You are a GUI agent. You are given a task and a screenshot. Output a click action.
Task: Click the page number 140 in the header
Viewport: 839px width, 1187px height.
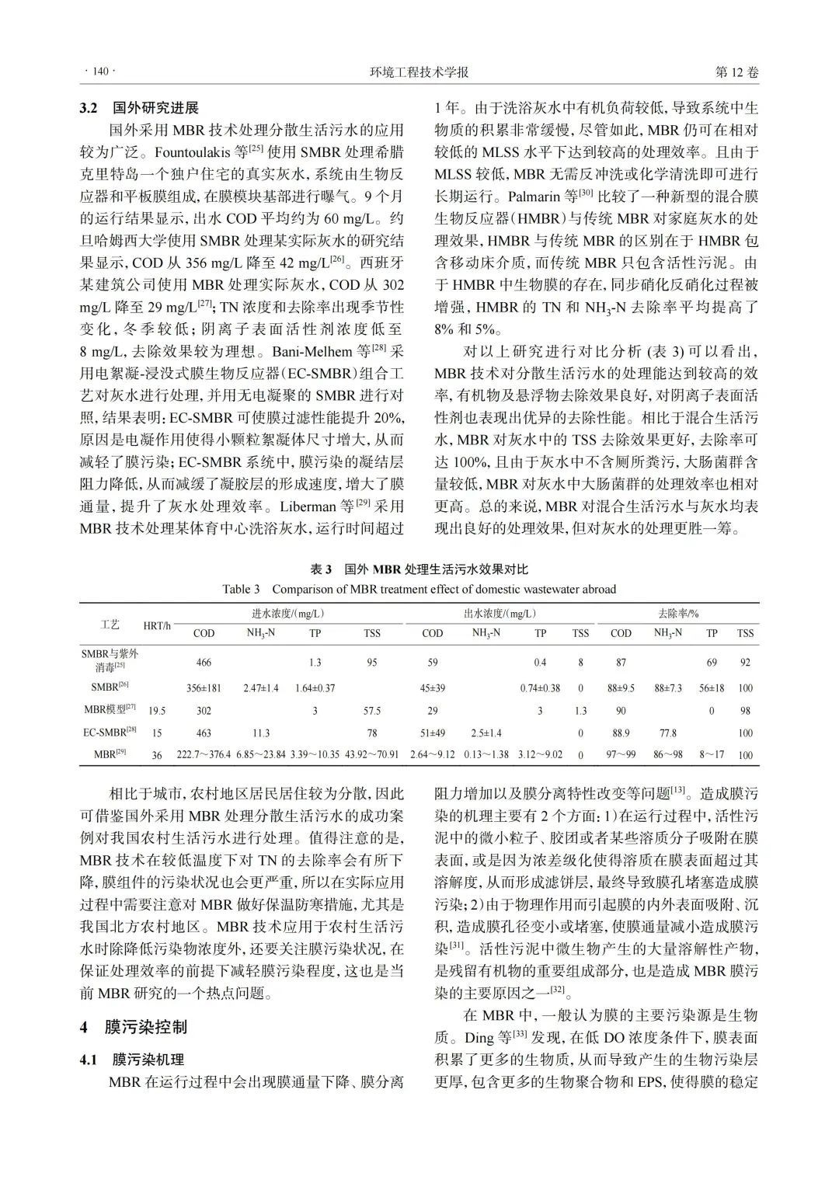point(99,72)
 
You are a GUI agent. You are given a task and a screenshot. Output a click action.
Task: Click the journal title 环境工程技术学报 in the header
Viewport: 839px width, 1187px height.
point(419,72)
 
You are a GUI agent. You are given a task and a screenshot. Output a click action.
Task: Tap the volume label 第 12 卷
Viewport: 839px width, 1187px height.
point(736,72)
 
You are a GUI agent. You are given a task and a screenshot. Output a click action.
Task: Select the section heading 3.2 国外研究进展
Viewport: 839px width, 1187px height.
point(140,107)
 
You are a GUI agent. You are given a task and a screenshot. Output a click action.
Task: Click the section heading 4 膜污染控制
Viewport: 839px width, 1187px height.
point(134,1027)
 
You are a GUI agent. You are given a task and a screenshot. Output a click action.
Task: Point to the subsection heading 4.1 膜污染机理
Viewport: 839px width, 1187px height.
point(132,1060)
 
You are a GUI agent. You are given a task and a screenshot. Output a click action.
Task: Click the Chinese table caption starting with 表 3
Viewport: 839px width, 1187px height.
point(419,569)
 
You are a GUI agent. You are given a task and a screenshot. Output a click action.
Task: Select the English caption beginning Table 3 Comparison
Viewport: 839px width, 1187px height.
point(419,589)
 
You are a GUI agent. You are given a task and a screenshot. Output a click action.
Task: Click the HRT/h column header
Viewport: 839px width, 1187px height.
point(158,625)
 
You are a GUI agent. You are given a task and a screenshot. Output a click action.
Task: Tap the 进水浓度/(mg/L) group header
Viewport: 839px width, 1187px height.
point(287,614)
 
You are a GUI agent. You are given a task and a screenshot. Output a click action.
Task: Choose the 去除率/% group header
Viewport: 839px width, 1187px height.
point(677,614)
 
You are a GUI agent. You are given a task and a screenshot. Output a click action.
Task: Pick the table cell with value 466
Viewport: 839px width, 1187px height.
point(204,663)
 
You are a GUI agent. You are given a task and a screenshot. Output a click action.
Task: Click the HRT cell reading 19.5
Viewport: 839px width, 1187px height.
point(158,711)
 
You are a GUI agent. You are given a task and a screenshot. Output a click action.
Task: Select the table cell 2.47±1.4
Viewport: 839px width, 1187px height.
point(260,688)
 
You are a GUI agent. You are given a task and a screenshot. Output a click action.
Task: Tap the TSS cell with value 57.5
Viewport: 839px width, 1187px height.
point(372,711)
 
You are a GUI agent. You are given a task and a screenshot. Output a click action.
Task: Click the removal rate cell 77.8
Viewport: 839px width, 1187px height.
point(667,733)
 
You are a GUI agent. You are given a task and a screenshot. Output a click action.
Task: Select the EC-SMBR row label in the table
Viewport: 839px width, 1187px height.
point(110,732)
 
